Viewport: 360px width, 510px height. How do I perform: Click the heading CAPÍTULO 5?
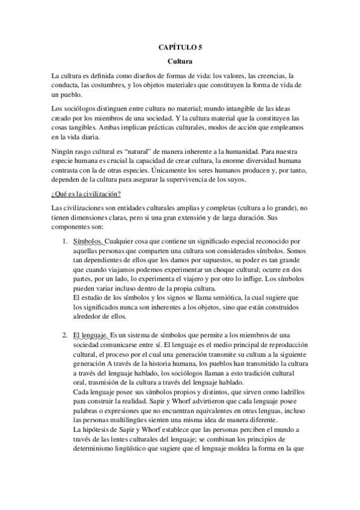click(180, 46)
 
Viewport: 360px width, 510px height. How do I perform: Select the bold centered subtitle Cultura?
click(180, 61)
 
